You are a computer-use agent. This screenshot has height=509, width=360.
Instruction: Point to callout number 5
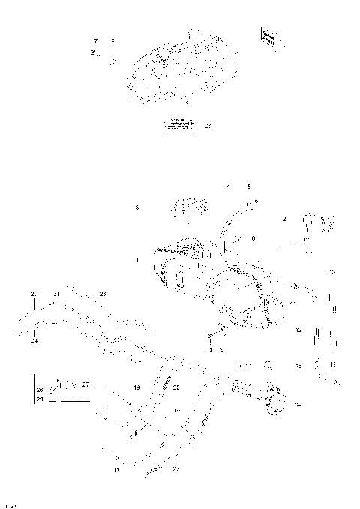tap(250, 185)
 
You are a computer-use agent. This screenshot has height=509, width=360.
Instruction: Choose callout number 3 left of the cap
tap(136, 207)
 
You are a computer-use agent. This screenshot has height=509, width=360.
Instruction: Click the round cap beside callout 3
tap(181, 208)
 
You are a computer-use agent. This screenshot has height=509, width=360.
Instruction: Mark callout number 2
tap(284, 219)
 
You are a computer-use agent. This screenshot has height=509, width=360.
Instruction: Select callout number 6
tap(253, 238)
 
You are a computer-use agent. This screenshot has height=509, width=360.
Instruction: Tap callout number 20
tap(33, 293)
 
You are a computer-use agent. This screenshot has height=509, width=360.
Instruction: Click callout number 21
tap(56, 293)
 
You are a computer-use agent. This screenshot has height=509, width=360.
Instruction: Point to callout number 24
tap(34, 341)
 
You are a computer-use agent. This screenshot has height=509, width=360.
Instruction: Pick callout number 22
tap(177, 388)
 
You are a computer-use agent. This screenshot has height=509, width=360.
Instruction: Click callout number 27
tap(86, 385)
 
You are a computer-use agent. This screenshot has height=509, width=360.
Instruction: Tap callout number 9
tap(221, 349)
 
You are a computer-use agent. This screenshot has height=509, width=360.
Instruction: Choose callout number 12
tap(298, 330)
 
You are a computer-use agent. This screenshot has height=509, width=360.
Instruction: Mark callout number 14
tap(298, 404)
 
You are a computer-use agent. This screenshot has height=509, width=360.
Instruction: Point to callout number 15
tap(298, 366)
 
